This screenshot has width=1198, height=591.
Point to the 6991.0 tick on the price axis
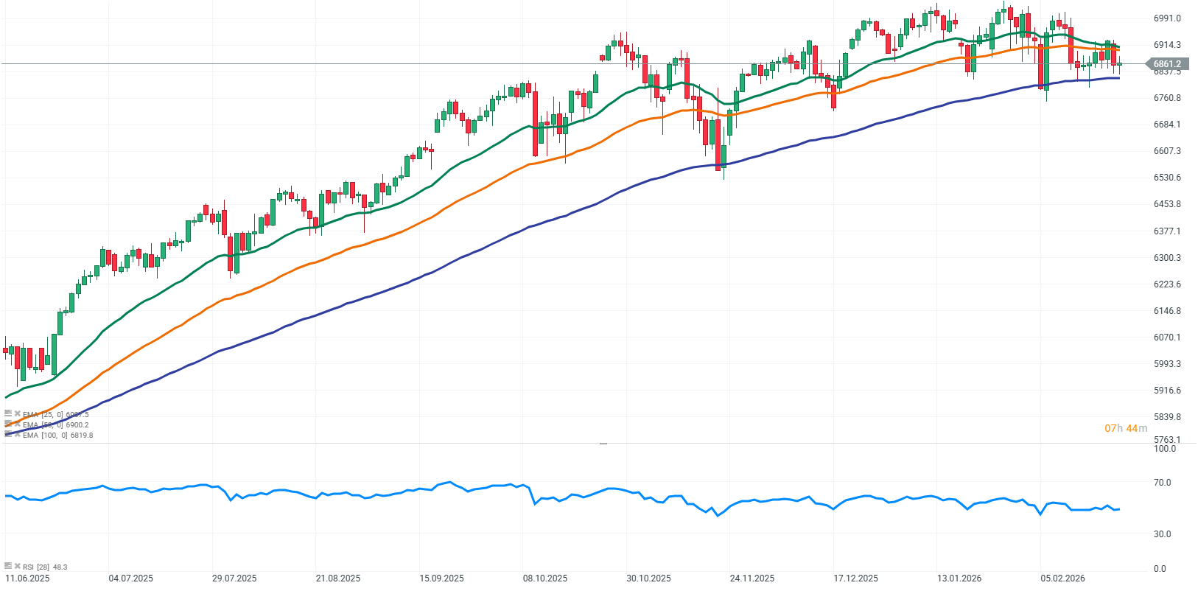click(x=1167, y=18)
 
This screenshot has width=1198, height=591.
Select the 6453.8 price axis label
click(x=1167, y=204)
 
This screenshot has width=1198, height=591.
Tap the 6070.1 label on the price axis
click(x=1167, y=338)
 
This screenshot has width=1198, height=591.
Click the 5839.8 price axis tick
click(x=1167, y=417)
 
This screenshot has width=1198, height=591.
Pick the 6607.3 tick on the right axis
click(x=1167, y=151)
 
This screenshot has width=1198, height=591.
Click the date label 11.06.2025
click(x=27, y=578)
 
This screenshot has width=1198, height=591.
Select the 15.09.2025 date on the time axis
click(x=441, y=578)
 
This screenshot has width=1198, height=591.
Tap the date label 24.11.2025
click(x=752, y=578)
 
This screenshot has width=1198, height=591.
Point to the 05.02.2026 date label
click(x=1062, y=578)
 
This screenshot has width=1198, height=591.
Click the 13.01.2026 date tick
click(x=959, y=578)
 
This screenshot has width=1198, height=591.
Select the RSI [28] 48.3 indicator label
click(x=44, y=567)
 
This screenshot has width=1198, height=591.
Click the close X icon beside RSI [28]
click(x=17, y=566)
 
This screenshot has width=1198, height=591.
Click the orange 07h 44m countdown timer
click(x=1126, y=428)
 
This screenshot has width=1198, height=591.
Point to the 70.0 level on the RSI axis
click(x=1162, y=483)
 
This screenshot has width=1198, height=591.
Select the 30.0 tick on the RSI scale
click(x=1162, y=534)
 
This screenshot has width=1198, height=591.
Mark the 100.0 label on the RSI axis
click(x=1164, y=449)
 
